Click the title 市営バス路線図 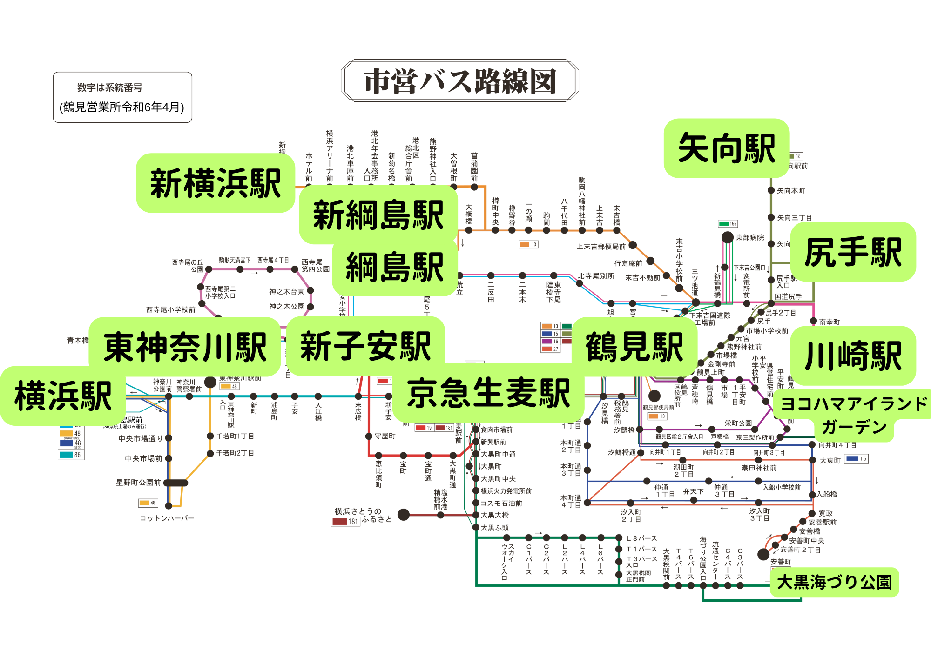(x=460, y=81)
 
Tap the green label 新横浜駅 (x=216, y=183)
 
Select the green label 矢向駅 (x=726, y=148)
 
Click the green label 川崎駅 (x=853, y=356)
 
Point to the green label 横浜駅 (x=63, y=396)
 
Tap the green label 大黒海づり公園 (x=834, y=582)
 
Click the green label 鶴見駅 (x=634, y=347)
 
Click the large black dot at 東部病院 (x=728, y=237)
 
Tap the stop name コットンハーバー (x=167, y=518)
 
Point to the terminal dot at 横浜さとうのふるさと (x=404, y=514)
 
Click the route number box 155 (x=728, y=224)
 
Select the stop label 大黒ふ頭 (x=494, y=528)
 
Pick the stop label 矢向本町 (x=790, y=190)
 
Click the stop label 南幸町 (x=829, y=322)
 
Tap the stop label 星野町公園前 (x=138, y=483)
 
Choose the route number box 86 (x=71, y=455)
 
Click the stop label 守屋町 (x=385, y=436)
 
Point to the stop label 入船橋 (x=827, y=494)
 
